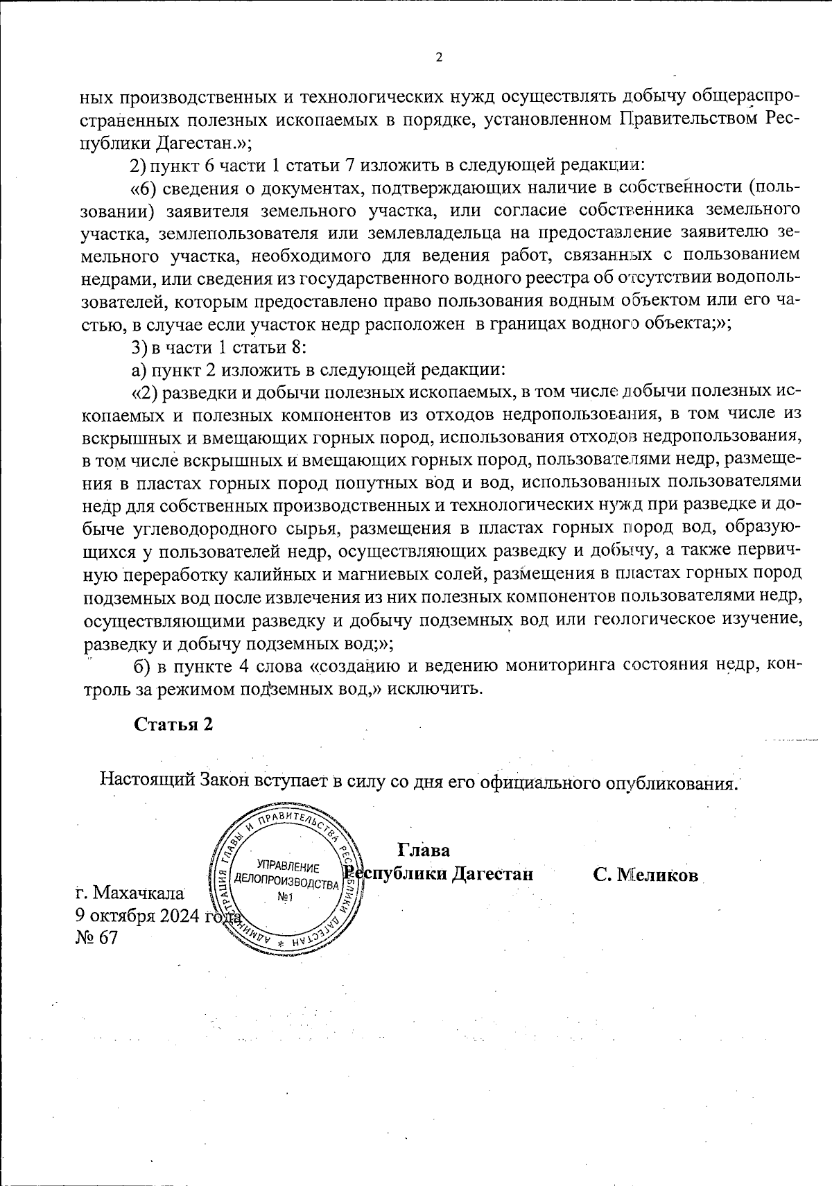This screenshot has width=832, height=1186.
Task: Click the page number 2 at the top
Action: tap(438, 57)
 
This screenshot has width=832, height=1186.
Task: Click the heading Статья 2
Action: tap(173, 724)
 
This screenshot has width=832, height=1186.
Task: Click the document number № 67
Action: tap(96, 938)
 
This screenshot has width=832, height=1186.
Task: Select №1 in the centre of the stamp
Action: tap(286, 898)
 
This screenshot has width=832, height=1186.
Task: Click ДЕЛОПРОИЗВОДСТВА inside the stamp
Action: tap(286, 882)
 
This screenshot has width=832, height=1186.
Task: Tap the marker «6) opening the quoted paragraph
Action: tap(143, 187)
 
